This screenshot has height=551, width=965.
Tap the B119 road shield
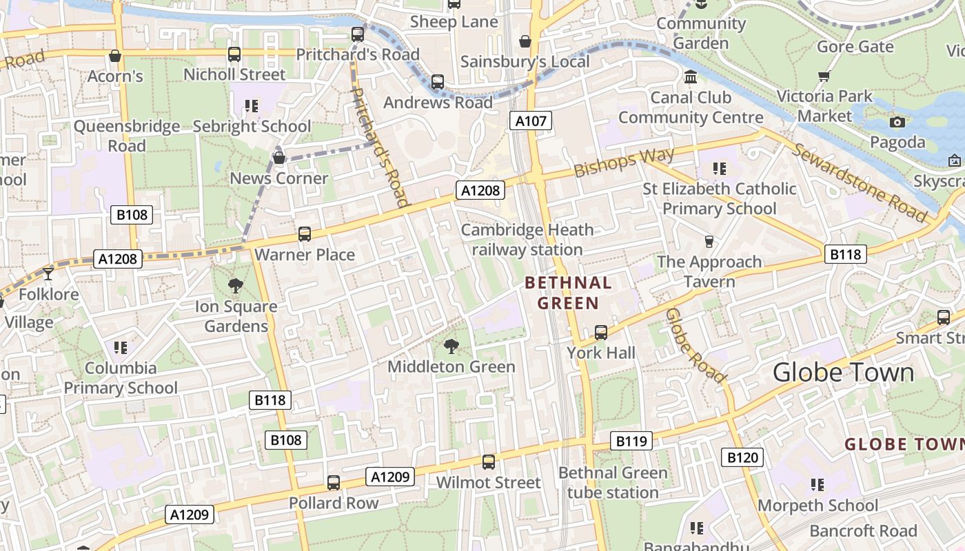631,441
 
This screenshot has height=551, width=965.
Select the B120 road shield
742,457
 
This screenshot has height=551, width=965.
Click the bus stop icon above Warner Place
305,234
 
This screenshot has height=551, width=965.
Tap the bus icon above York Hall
601,333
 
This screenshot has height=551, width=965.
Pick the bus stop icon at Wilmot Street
489,462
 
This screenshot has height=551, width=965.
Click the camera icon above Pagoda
897,123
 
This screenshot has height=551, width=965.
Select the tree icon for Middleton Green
451,346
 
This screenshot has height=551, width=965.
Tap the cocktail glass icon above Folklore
48,274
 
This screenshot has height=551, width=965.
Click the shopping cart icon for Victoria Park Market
824,76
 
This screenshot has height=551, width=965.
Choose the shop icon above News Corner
279,158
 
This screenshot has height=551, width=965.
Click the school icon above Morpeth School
817,485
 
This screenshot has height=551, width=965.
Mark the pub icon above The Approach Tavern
709,242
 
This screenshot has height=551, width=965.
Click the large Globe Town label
843,373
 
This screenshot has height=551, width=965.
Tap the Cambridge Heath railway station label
527,240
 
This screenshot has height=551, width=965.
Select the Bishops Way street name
624,163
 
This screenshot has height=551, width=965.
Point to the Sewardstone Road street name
860,183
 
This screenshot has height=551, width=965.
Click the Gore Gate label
855,47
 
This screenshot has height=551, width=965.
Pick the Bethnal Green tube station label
613,483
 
